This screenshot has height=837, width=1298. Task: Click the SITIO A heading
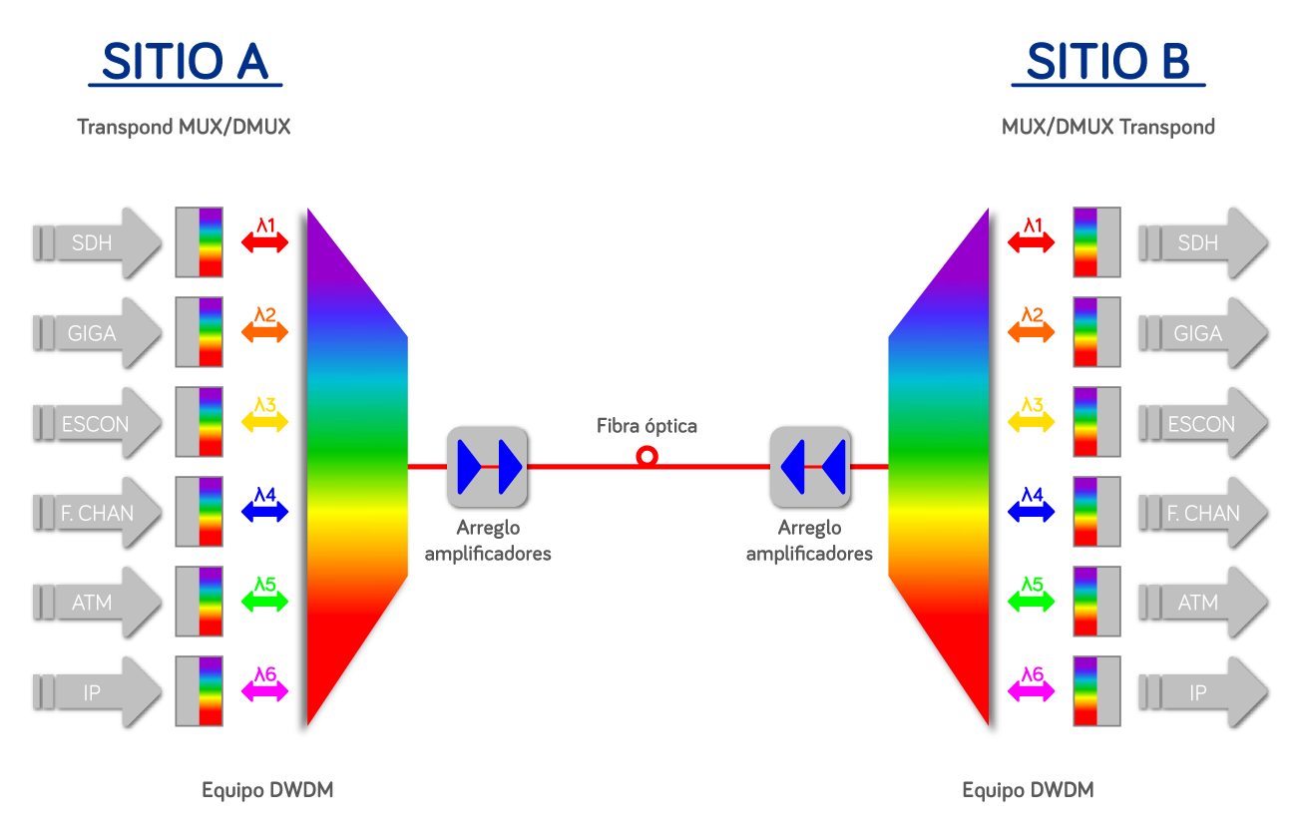coord(185,62)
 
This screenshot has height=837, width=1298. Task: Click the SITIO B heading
coord(1107,62)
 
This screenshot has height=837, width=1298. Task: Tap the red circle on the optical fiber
coord(647,457)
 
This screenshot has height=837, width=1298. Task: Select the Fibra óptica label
coord(647,426)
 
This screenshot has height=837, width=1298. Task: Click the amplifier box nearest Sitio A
coord(487,466)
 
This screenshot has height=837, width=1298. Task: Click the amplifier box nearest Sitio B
coord(810,466)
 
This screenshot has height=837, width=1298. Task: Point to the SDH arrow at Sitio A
coord(97,242)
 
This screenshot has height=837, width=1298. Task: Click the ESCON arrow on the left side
coord(97,422)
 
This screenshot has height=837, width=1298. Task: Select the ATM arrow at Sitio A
coord(97,602)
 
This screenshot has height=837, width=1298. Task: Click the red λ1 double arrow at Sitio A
coord(264,240)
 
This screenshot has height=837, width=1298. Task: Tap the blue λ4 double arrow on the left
coord(264,510)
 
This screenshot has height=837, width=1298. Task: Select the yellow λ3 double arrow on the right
coord(1032,420)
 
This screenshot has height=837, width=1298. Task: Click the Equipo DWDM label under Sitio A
coord(267,790)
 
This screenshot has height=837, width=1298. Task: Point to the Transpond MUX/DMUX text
coord(184,127)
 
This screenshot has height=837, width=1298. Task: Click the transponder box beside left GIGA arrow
coord(199,332)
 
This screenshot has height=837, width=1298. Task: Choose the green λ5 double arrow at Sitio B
coord(1032,600)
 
